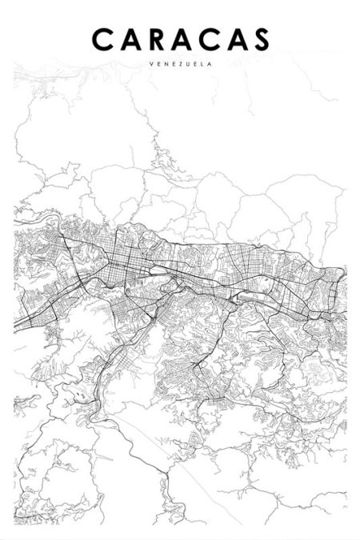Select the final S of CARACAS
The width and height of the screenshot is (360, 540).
tap(259, 39)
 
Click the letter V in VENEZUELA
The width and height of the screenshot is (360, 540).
tap(150, 65)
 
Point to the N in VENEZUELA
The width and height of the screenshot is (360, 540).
tap(163, 65)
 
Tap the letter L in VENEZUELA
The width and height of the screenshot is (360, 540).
tap(203, 65)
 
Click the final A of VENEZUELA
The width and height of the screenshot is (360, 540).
tap(210, 65)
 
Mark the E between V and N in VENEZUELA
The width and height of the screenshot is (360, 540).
tap(157, 65)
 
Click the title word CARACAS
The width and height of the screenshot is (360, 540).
tap(181, 39)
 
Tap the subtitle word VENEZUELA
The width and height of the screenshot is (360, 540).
tap(180, 65)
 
